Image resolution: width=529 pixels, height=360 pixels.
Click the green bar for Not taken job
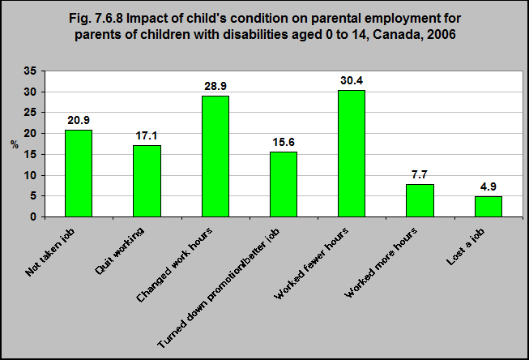(79, 174)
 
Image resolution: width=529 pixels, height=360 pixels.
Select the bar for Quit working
(147, 181)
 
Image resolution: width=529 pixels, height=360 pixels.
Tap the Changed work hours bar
(215, 156)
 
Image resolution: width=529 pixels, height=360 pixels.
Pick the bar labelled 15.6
(284, 184)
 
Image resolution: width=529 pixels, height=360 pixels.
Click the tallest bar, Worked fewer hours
(352, 154)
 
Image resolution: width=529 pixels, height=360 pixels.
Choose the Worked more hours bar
(420, 200)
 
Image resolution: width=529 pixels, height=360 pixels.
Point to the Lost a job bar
(488, 207)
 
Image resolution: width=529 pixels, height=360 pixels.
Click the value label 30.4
(352, 81)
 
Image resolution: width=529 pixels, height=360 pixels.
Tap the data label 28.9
(215, 87)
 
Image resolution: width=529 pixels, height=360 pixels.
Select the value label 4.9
(488, 186)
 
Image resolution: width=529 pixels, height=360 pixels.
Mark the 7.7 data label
(420, 174)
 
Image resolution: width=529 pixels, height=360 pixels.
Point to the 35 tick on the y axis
(30, 71)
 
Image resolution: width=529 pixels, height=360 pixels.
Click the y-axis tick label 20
(30, 134)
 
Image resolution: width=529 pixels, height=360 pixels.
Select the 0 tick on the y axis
(33, 216)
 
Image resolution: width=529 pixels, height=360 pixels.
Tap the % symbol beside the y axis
(14, 145)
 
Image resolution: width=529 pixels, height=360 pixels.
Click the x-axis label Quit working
(119, 251)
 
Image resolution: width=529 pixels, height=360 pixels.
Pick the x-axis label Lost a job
(466, 246)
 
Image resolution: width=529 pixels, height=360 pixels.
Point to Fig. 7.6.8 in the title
(96, 18)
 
